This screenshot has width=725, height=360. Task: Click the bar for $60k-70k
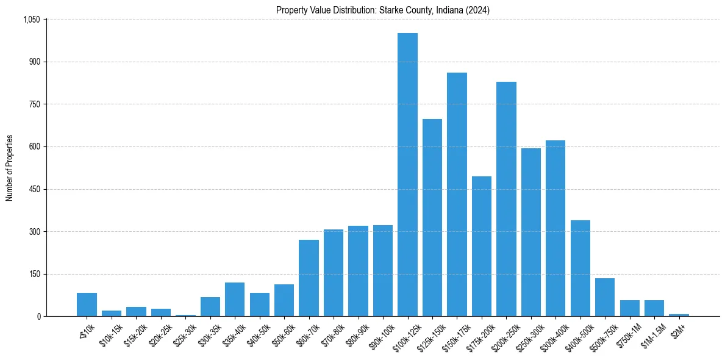coord(309,278)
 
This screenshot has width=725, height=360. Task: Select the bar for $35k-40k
coord(235,299)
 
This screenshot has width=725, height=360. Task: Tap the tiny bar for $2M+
coord(679,315)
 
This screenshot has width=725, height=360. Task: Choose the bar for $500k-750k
coord(605,297)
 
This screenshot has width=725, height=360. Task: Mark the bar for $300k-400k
coord(555,228)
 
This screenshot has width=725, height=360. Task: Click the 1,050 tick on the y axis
coord(31,20)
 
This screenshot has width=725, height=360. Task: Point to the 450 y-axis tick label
coord(34,189)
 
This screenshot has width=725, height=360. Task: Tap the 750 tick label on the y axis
coord(34,104)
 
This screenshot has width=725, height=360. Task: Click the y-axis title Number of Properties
coord(9,168)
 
